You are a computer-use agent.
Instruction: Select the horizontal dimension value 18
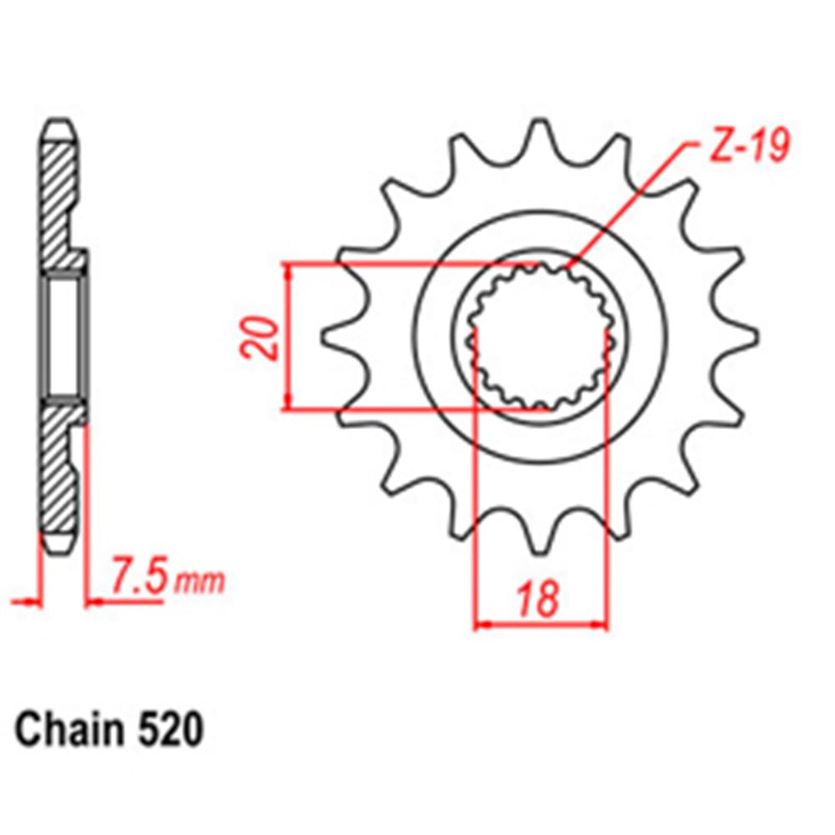537,600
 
